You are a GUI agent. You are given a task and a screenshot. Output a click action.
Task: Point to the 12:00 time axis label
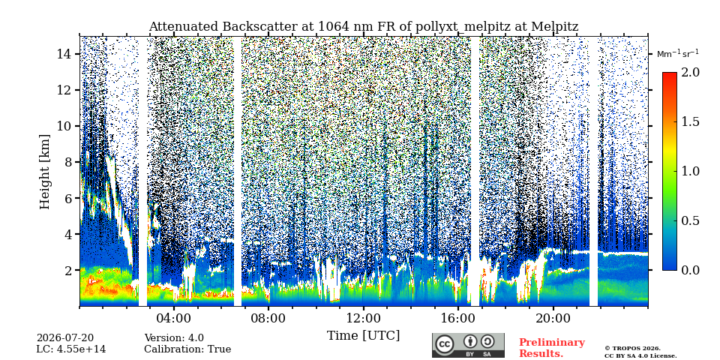[x=363, y=319]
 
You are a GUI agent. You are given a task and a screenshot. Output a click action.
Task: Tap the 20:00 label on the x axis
[x=553, y=319]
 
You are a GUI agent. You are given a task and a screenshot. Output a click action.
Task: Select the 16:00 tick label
[x=457, y=319]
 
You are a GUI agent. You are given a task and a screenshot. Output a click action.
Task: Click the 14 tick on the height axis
[x=66, y=54]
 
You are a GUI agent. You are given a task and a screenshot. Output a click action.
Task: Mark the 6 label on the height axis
[x=69, y=198]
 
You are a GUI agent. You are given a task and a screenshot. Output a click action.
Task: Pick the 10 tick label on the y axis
[x=66, y=126]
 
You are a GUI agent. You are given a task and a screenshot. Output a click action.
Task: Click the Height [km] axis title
[x=44, y=172]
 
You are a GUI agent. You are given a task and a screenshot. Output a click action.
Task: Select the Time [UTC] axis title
[x=363, y=336]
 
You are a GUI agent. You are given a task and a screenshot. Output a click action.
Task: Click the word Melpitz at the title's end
[x=555, y=27]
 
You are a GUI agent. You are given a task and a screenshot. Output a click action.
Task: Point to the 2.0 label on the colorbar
[x=690, y=72]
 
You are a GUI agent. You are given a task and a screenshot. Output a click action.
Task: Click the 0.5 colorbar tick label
[x=690, y=220]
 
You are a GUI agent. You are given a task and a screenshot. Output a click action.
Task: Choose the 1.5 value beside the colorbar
[x=690, y=121]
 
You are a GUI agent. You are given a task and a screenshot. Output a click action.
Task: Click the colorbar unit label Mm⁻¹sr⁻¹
[x=678, y=54]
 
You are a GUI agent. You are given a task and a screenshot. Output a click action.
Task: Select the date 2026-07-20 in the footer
[x=65, y=338]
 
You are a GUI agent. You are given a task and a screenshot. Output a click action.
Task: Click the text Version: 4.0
[x=174, y=338]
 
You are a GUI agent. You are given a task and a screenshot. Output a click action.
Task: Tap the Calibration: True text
[x=187, y=349]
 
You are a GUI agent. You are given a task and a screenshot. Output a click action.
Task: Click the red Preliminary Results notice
[x=552, y=348]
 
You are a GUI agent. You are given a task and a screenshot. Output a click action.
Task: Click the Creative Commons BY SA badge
[x=468, y=345]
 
